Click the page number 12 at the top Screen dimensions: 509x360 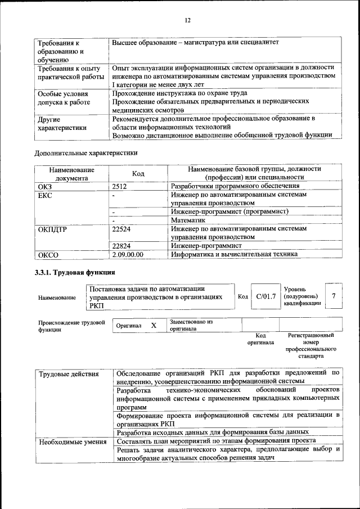point(188,20)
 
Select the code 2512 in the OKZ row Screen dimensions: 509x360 point(119,186)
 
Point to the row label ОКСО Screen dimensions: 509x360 point(48,255)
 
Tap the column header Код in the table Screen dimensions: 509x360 point(138,173)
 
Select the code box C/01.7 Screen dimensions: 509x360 point(265,296)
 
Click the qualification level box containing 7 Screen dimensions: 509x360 point(335,296)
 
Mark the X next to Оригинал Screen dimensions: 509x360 point(154,326)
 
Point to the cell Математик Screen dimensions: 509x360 point(188,220)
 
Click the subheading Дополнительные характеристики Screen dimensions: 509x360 point(86,152)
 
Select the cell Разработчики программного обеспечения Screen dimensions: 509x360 point(235,186)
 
